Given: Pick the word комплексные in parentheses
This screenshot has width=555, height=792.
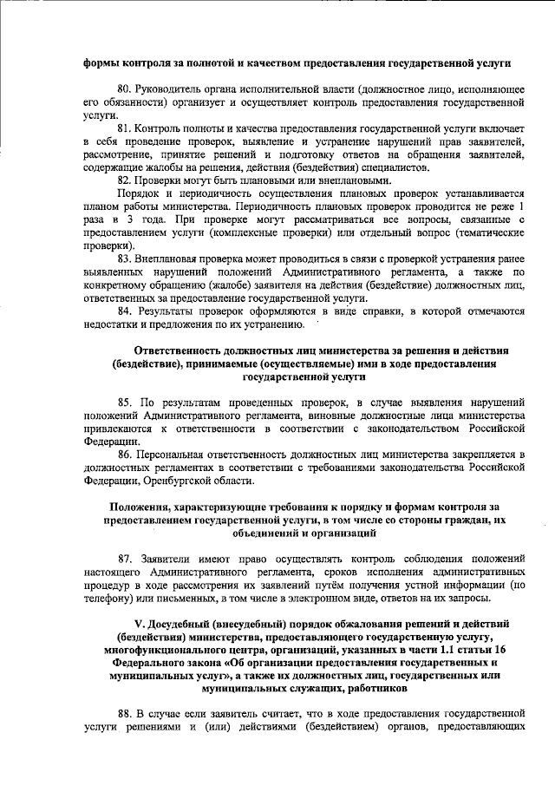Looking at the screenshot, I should [x=219, y=233].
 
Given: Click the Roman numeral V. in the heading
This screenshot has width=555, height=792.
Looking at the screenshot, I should [x=130, y=624].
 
